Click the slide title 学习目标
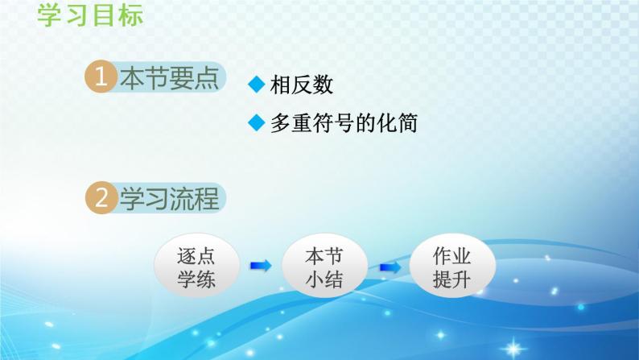(x=89, y=14)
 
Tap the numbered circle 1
(x=100, y=79)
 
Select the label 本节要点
(x=169, y=79)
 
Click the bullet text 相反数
(x=302, y=85)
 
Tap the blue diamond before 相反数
(x=257, y=85)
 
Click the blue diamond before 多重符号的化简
(x=257, y=124)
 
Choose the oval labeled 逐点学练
(x=197, y=266)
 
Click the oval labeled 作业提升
(x=451, y=266)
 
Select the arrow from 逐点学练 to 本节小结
(x=260, y=265)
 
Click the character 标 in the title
(x=129, y=14)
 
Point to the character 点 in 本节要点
(x=206, y=79)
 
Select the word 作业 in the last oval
(x=451, y=255)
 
